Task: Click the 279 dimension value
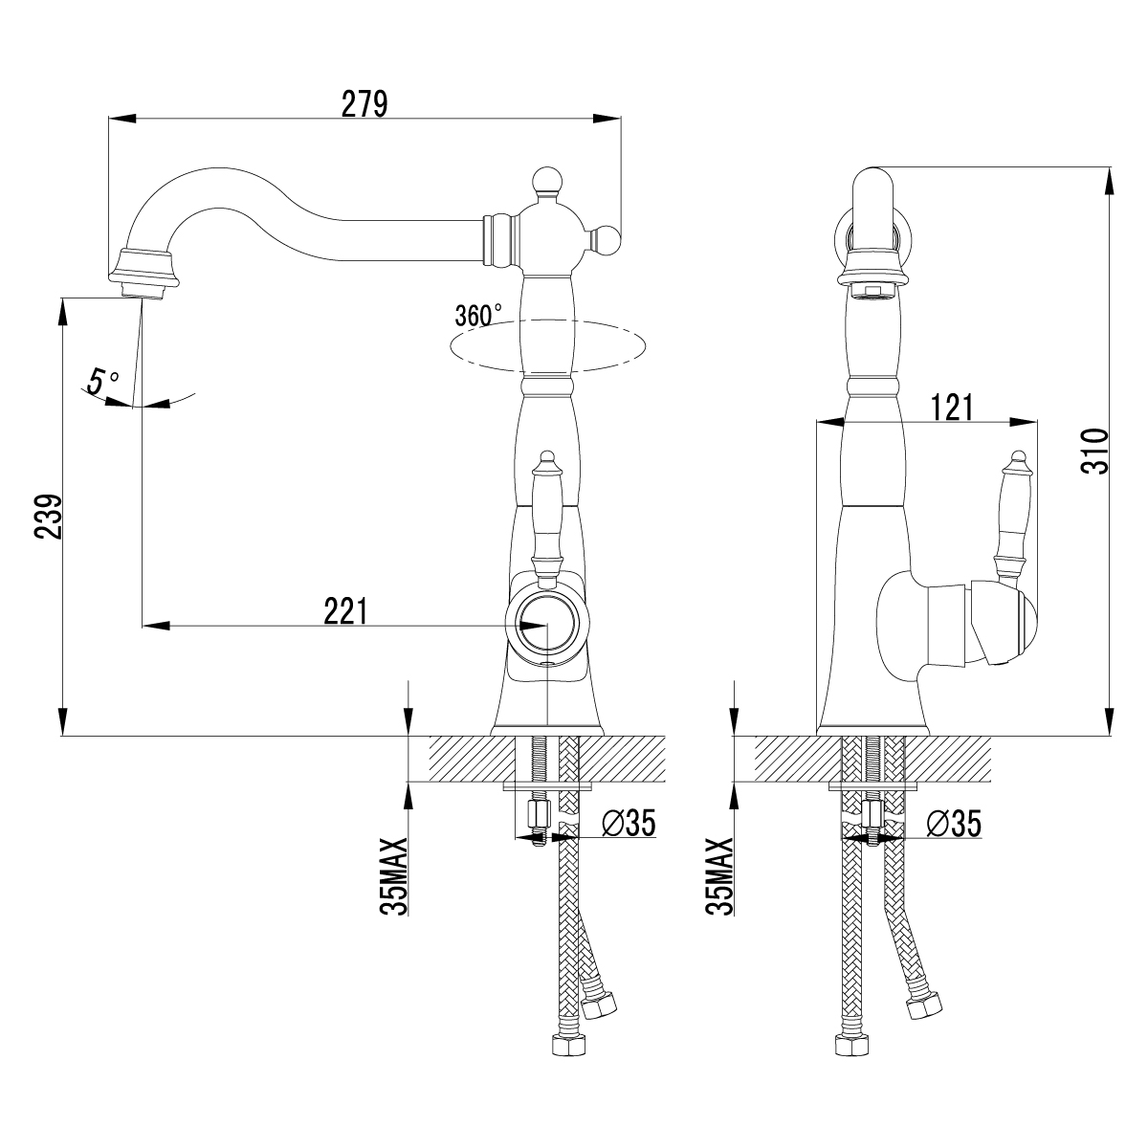[x=364, y=103]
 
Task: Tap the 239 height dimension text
[x=48, y=517]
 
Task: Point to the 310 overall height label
[x=1095, y=451]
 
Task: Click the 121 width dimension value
[x=951, y=408]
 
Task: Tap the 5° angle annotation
[x=102, y=381]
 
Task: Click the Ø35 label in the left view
[x=629, y=823]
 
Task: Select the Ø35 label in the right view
[x=954, y=824]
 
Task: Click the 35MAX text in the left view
[x=394, y=875]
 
